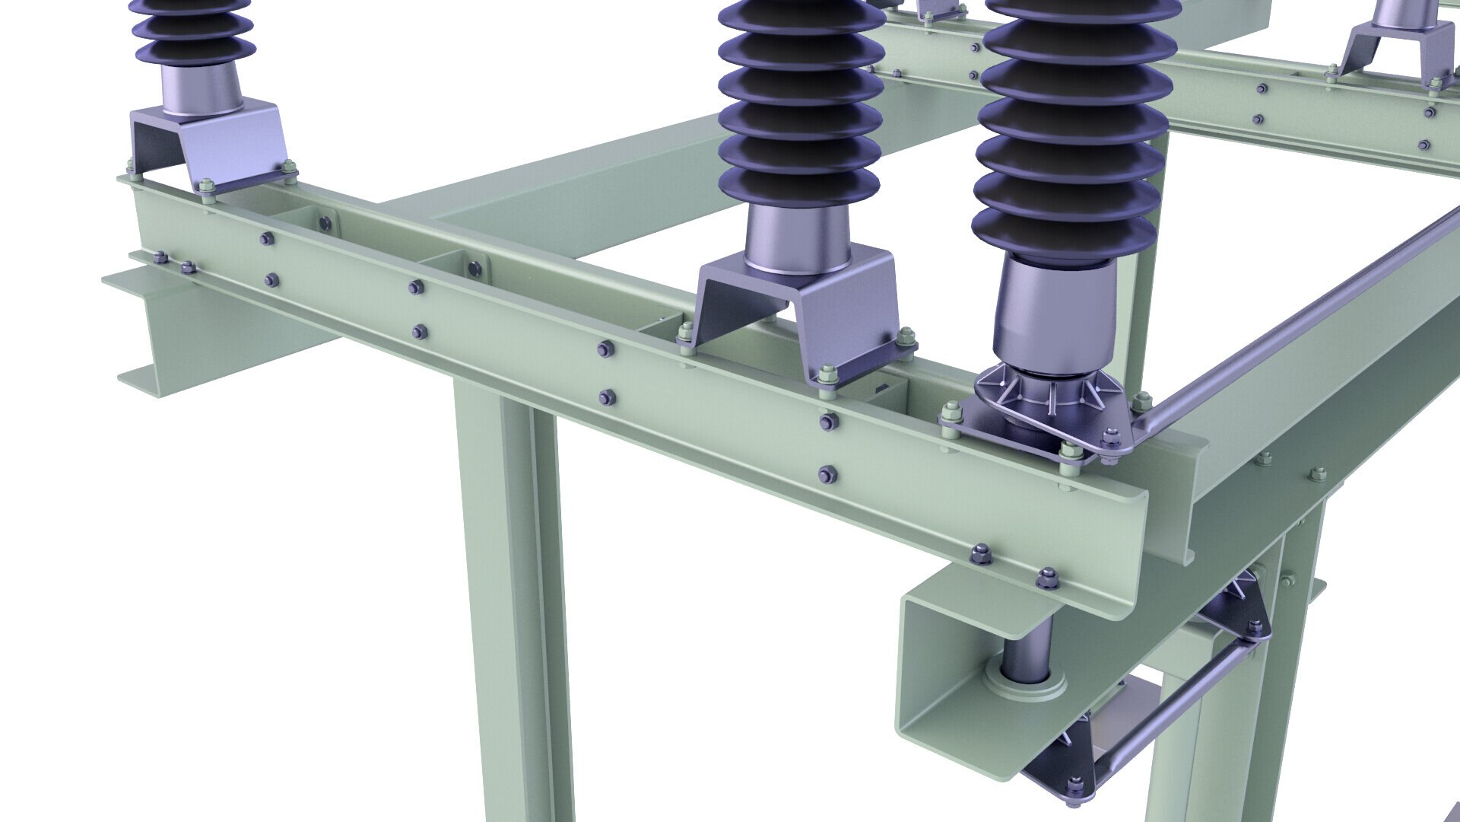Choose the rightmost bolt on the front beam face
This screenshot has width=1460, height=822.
[x=1048, y=577]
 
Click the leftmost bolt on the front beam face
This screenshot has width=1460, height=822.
[x=160, y=258]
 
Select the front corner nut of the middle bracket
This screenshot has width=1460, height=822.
[x=828, y=374]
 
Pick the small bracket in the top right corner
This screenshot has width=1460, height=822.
[x=1392, y=46]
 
